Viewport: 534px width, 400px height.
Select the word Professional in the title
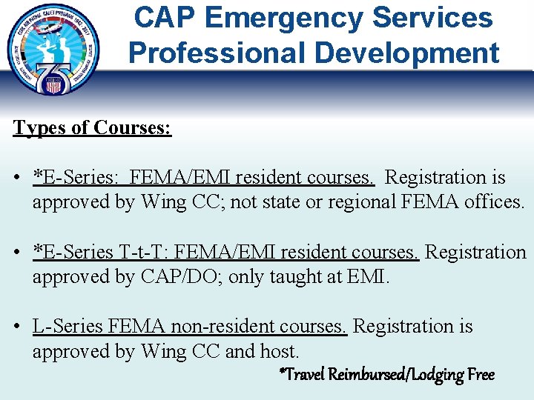click(214, 53)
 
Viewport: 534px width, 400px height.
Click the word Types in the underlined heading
click(39, 127)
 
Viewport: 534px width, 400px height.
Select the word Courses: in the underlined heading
click(133, 127)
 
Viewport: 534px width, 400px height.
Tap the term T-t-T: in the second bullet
click(145, 253)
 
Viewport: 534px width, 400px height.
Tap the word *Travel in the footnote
click(302, 374)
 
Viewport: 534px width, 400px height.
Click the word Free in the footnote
click(481, 374)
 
